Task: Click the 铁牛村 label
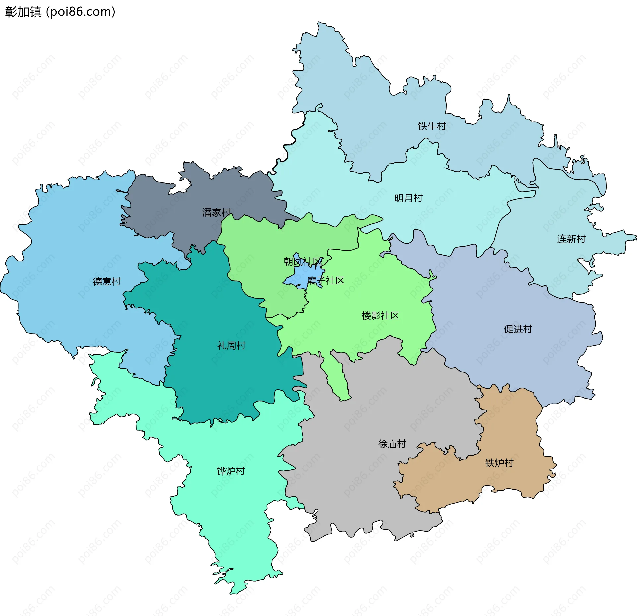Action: pos(432,126)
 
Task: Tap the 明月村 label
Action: pos(408,198)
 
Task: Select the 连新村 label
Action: pos(571,239)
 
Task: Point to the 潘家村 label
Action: pos(216,213)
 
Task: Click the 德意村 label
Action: pos(106,282)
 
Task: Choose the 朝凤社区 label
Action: pos(303,262)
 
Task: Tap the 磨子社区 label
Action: pos(325,281)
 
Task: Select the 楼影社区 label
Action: pos(380,316)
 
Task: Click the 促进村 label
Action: pos(518,329)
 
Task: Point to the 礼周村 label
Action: pos(231,346)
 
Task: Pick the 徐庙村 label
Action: pos(392,444)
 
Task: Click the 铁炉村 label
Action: pos(499,463)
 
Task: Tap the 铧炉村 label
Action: pos(230,471)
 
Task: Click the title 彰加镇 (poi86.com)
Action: pos(60,12)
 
